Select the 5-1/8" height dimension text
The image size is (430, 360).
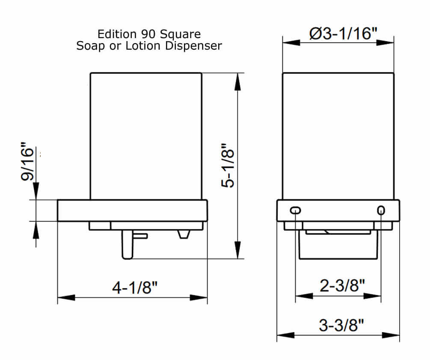[231, 166]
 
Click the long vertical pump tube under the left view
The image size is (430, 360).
[127, 244]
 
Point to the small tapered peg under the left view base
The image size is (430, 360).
[184, 234]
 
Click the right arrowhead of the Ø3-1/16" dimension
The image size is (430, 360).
[386, 42]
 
